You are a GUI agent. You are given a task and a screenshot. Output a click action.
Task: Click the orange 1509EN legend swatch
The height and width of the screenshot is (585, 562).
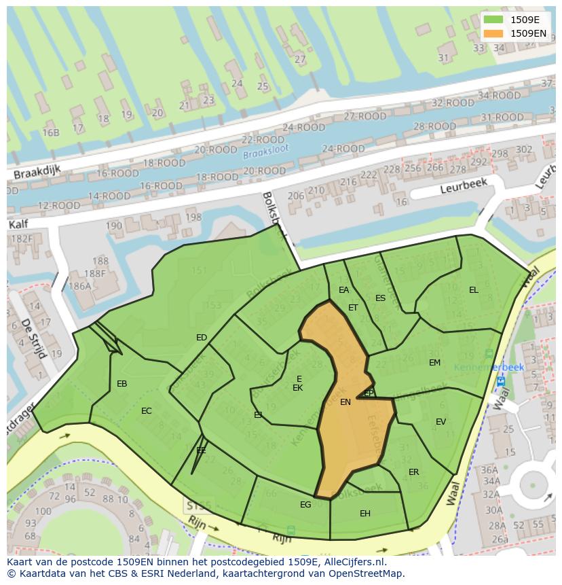[x=493, y=33]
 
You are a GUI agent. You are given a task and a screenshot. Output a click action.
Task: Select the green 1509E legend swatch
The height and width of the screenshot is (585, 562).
[x=493, y=20]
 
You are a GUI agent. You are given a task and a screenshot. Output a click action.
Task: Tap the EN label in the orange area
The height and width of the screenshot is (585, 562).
[x=345, y=402]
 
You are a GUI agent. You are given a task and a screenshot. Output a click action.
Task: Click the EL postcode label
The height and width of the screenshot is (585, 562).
[x=474, y=290]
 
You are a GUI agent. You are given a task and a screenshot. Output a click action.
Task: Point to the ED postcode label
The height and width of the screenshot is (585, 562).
[x=202, y=338]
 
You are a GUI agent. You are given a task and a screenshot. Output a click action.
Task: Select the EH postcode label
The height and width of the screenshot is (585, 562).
[x=365, y=514]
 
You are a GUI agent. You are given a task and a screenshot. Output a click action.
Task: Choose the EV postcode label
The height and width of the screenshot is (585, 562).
[x=441, y=422]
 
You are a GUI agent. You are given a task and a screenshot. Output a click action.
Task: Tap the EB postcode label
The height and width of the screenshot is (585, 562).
[x=122, y=384]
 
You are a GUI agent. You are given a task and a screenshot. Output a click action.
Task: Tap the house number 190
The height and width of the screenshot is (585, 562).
[x=114, y=226]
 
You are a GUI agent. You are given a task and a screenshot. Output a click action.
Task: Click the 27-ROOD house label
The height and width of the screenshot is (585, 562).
[x=365, y=116]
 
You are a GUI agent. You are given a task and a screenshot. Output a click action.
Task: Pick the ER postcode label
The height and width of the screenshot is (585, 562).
[x=414, y=472]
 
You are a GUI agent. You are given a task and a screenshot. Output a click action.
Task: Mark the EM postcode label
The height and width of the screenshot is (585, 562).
[x=435, y=363]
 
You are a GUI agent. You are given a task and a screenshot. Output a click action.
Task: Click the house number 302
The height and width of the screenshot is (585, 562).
[x=524, y=149]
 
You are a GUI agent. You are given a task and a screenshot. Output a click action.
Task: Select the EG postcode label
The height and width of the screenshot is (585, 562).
[x=305, y=504]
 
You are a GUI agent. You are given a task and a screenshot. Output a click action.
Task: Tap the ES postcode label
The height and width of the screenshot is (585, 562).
[x=380, y=298]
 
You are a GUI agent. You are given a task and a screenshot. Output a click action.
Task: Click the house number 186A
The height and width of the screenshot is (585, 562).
[x=80, y=287]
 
